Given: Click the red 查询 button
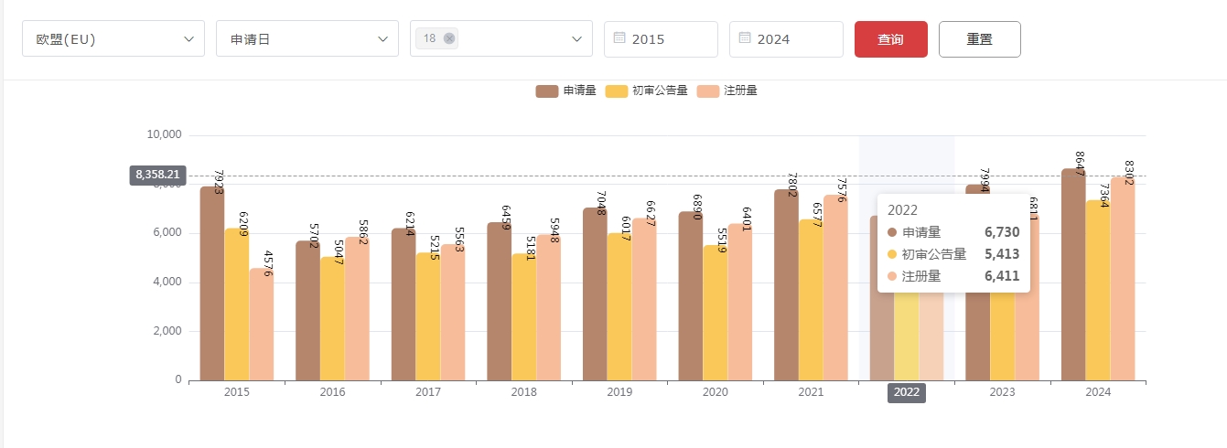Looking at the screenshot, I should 890,39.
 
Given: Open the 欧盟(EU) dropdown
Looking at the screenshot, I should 113,39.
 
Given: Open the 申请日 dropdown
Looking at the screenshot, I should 307,39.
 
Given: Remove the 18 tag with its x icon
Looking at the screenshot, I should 449,38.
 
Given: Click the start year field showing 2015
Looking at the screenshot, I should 661,39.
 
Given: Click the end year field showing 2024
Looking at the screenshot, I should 786,39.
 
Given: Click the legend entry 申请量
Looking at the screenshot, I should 566,91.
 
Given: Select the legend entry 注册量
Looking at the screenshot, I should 727,91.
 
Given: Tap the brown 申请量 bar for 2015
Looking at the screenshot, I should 212,283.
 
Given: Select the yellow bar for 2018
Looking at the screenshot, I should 523,315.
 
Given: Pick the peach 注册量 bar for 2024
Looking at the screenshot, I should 1122,279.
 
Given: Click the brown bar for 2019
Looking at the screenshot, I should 595,293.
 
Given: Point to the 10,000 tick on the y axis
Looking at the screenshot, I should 165,135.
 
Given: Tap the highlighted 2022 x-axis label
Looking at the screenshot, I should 907,392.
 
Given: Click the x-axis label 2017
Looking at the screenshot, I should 428,392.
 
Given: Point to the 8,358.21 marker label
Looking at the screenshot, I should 158,175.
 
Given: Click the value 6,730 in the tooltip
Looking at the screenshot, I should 1001,233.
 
